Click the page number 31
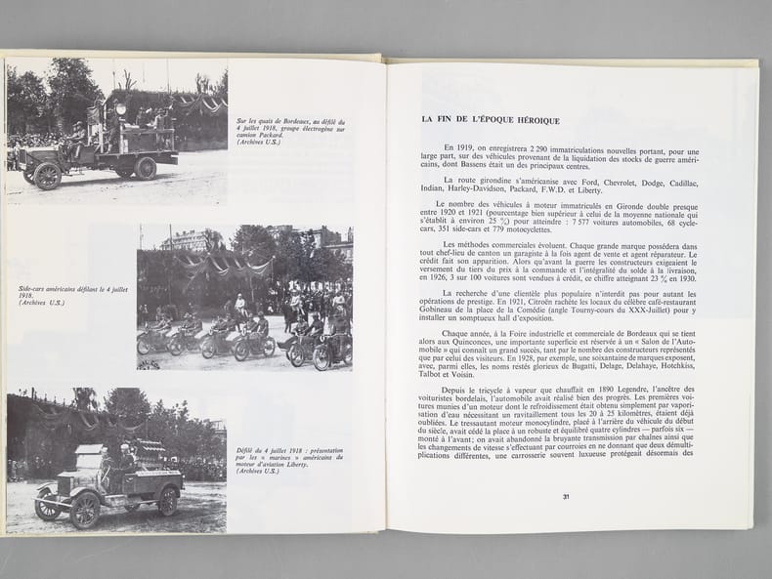point(566,497)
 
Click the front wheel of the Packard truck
point(48,177)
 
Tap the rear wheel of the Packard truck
point(146,168)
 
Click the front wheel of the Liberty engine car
point(83,509)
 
